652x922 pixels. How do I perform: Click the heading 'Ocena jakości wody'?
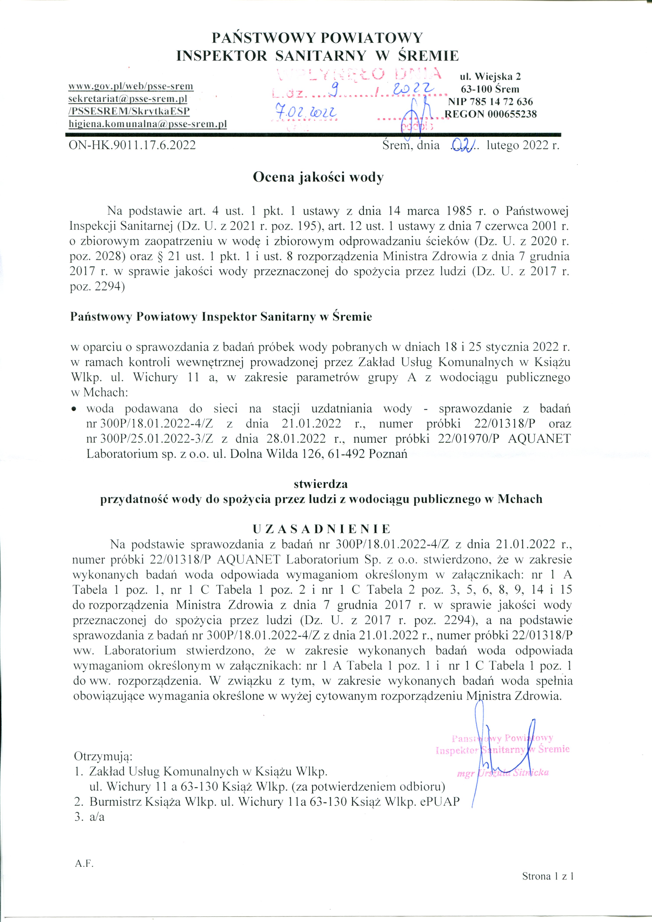[x=318, y=177]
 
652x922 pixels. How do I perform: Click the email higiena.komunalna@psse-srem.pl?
[x=148, y=124]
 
